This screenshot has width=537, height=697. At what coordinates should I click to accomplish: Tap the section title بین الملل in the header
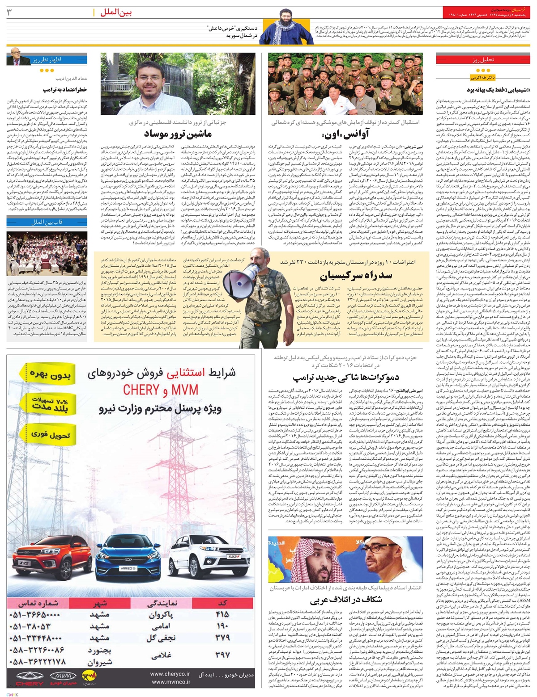(118, 13)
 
